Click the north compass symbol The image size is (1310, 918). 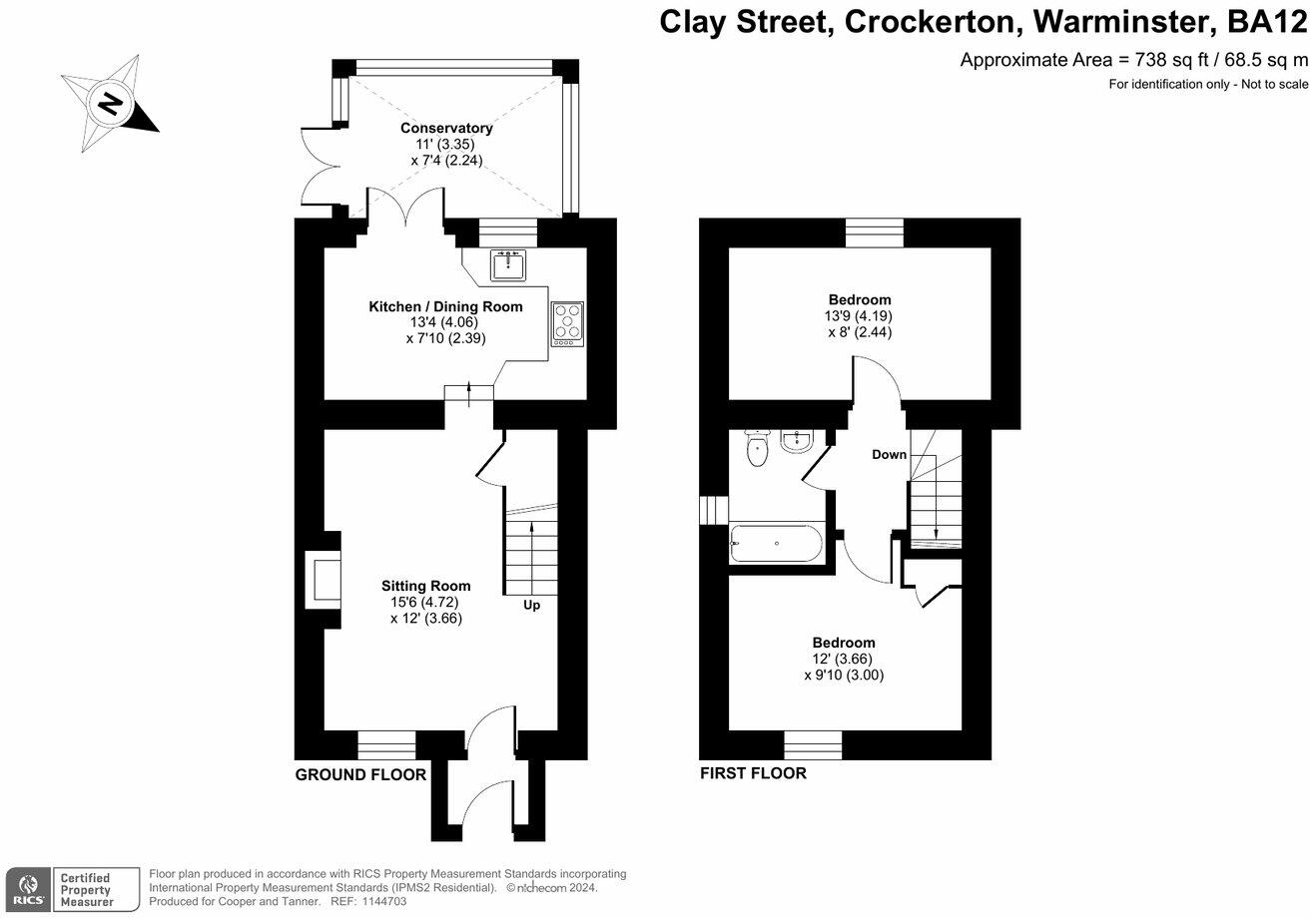tap(109, 104)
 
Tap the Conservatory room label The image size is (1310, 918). tap(446, 128)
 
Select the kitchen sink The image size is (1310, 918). tap(508, 265)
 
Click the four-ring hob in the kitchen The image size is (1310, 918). tap(567, 323)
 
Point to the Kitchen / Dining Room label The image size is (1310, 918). tap(445, 306)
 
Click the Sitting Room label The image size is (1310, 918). tap(426, 586)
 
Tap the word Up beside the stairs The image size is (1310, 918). tap(532, 605)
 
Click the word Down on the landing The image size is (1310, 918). tap(889, 454)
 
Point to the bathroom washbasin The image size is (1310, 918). tap(798, 442)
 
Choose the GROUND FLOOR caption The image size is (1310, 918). tap(360, 774)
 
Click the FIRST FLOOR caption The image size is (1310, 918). tap(753, 772)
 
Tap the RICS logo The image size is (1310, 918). tap(26, 888)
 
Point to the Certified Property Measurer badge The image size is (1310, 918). tap(94, 888)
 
